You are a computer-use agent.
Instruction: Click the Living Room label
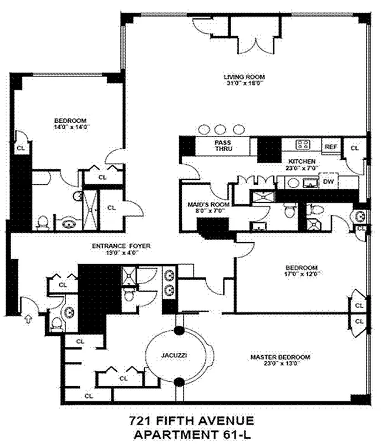[x=244, y=77]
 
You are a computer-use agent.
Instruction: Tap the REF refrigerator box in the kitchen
[x=331, y=147]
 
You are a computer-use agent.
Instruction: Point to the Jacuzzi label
[x=179, y=354]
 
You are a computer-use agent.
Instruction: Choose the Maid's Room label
[x=201, y=204]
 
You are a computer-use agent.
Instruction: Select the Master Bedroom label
[x=279, y=357]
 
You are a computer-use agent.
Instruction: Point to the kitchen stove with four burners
[x=303, y=145]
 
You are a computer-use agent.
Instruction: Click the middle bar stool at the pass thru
[x=221, y=129]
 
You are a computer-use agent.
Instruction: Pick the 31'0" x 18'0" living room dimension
[x=244, y=84]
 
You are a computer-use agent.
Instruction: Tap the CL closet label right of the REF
[x=355, y=148]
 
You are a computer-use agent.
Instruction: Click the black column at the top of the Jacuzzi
[x=179, y=331]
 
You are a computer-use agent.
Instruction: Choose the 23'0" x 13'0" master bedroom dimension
[x=279, y=364]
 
